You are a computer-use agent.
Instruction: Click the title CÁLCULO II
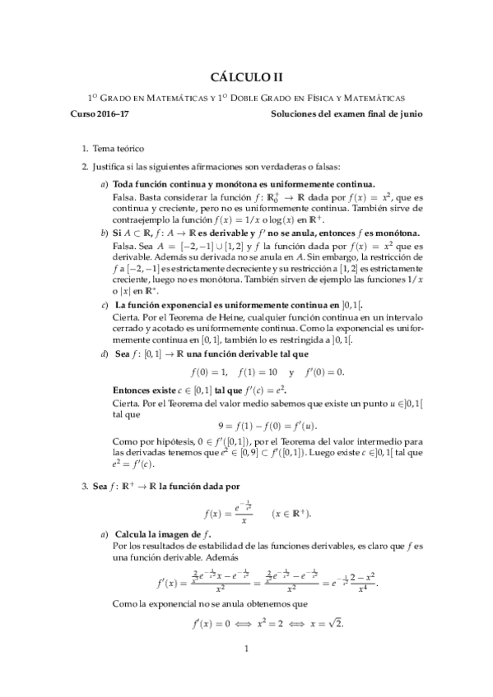(x=246, y=76)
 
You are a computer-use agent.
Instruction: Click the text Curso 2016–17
(x=100, y=114)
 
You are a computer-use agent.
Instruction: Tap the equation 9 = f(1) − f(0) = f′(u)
(x=246, y=426)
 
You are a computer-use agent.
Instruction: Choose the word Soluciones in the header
(x=296, y=114)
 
